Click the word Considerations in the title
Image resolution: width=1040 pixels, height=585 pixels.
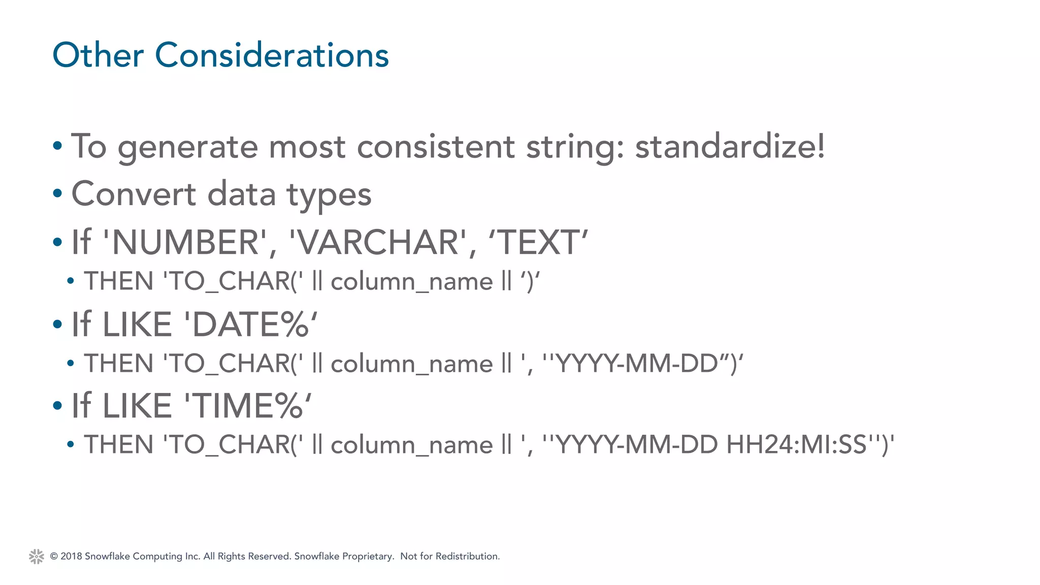pos(272,55)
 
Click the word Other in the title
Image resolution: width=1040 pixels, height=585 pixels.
pos(98,55)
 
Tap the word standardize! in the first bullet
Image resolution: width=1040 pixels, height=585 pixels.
pos(730,146)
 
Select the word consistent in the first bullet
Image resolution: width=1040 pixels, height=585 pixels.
pos(436,146)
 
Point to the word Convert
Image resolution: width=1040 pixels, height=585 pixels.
pos(134,194)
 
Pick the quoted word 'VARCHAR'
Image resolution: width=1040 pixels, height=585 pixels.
pos(378,242)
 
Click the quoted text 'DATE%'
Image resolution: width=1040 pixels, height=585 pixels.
pos(251,324)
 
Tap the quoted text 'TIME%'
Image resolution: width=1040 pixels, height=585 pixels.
pos(248,406)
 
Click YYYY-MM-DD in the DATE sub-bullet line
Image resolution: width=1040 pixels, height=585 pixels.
pos(637,363)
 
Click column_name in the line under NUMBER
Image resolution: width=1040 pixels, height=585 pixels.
pos(411,281)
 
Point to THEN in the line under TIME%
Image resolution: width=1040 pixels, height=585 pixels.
pos(119,444)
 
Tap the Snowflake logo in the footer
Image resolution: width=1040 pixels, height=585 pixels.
pos(37,557)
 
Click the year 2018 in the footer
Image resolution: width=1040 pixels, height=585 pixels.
pos(71,556)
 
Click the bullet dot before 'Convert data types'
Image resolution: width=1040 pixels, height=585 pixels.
pos(57,193)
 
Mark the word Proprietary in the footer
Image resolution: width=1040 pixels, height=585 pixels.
pos(368,556)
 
